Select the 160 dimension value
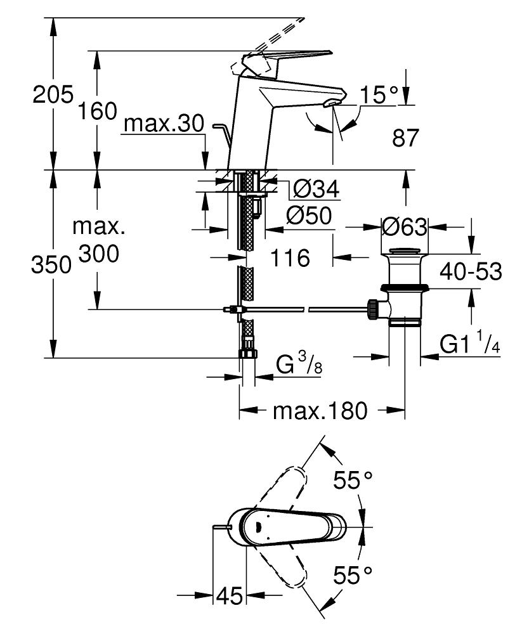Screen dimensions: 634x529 click(x=97, y=111)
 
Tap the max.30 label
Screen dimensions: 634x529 click(x=164, y=124)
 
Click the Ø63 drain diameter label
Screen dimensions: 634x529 click(x=404, y=226)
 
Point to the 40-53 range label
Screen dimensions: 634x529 click(x=469, y=273)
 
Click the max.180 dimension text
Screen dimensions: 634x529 click(x=320, y=411)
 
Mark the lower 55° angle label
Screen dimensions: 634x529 click(x=353, y=576)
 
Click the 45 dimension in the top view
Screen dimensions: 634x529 click(x=229, y=596)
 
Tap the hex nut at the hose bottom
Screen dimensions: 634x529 click(x=247, y=353)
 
